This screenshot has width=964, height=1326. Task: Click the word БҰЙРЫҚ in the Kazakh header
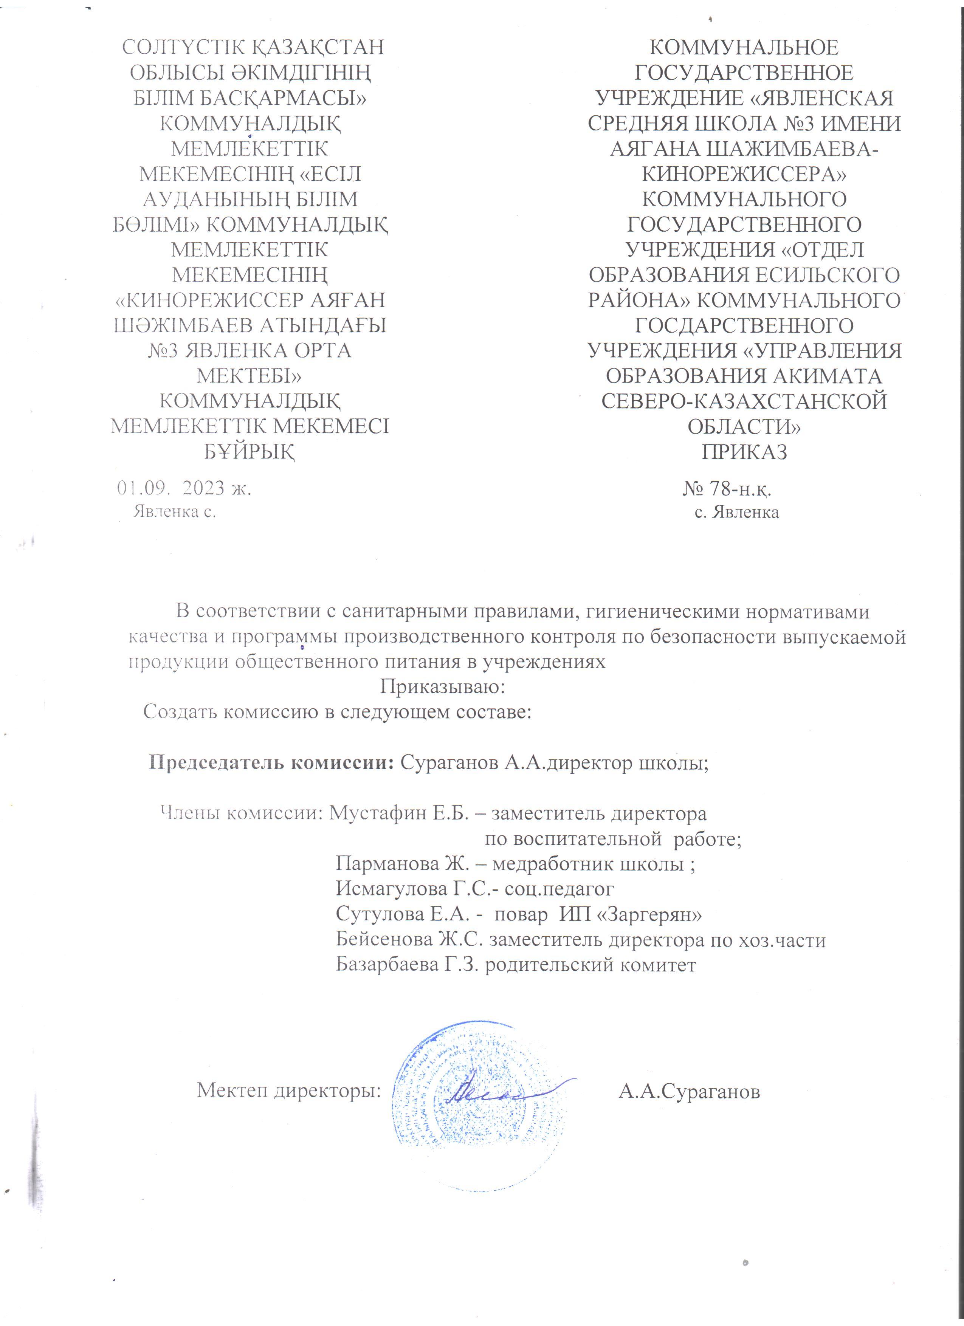[249, 452]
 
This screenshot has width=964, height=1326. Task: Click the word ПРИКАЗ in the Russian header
[744, 452]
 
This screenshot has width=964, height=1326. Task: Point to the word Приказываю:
[443, 686]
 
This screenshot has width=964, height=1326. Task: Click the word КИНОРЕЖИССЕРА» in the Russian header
[744, 173]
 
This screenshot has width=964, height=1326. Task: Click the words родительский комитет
[590, 965]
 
